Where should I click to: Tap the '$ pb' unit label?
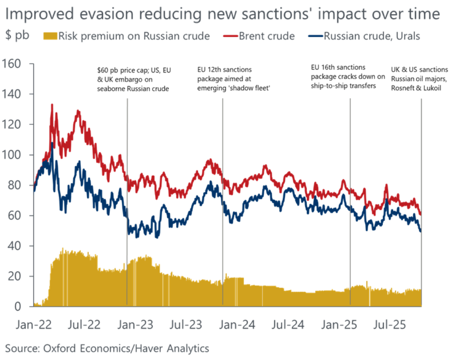click(17, 35)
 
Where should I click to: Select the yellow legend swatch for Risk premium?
click(50, 36)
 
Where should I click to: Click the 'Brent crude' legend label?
click(267, 36)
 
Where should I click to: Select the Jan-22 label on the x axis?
click(35, 325)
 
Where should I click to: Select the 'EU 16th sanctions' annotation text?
click(338, 67)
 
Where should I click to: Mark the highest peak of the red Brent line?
click(52, 104)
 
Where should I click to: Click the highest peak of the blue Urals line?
click(52, 142)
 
